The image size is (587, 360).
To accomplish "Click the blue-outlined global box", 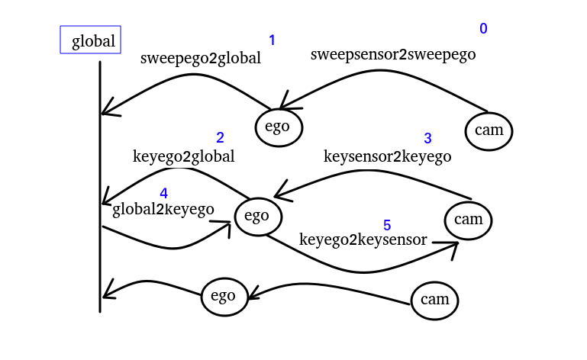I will coord(91,40).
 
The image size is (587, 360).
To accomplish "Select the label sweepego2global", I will coord(201,59).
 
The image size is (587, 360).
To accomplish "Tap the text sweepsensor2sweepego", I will coord(393,55).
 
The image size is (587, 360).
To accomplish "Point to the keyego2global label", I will coord(183,157).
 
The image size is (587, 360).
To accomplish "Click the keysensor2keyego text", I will coord(387,157).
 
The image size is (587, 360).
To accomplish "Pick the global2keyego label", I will coord(163,210).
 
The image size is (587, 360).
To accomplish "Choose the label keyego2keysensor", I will coord(363,239).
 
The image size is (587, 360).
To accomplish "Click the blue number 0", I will coord(483,29).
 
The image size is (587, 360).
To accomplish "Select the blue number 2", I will coord(220,138).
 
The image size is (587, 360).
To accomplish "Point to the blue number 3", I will coord(427,139).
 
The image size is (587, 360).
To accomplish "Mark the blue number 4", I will coord(164,194).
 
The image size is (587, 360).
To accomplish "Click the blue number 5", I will coord(387,226).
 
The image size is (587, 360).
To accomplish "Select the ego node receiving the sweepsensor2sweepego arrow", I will coord(279,127).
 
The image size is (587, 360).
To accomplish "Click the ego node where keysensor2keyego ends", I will coord(257,216).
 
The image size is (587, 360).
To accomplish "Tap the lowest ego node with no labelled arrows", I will coord(224,296).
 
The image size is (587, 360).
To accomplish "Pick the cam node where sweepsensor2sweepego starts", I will coord(489,130).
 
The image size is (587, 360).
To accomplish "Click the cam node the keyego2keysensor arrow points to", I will coord(469,220).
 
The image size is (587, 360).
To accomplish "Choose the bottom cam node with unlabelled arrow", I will coord(435,300).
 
